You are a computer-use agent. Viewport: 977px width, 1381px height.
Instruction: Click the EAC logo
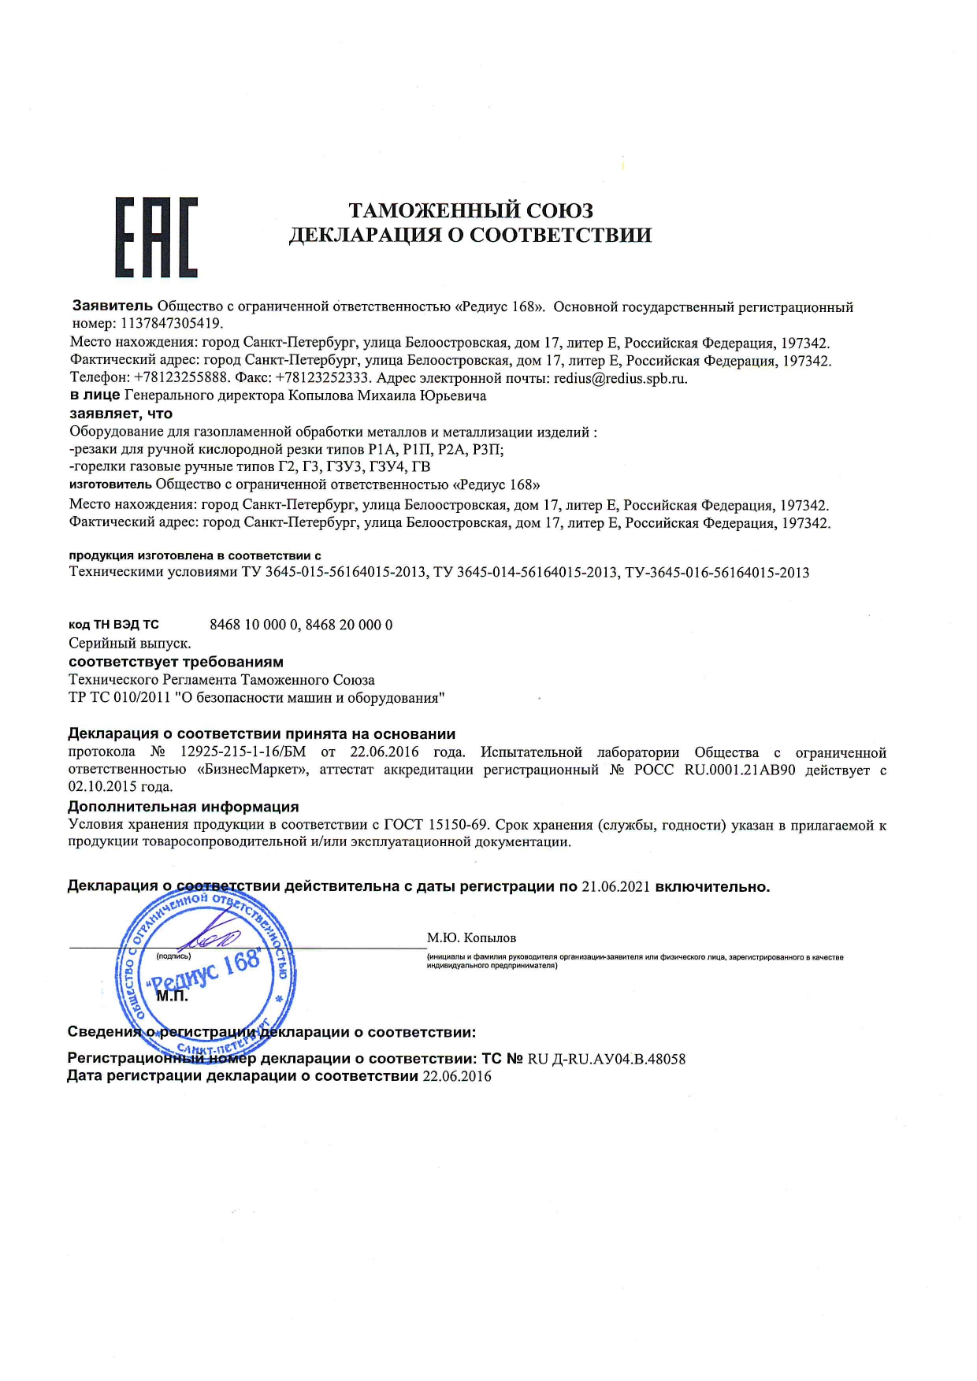(x=156, y=236)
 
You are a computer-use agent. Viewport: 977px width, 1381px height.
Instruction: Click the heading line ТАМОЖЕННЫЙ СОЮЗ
(x=470, y=210)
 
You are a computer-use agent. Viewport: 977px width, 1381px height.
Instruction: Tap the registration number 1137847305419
(x=172, y=324)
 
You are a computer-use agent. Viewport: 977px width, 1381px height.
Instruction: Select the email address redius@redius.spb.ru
(x=620, y=378)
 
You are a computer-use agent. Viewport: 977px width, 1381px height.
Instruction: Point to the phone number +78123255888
(x=182, y=378)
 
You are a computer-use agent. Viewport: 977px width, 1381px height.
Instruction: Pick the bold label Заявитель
(x=113, y=306)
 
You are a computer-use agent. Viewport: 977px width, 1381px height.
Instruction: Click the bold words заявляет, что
(x=121, y=414)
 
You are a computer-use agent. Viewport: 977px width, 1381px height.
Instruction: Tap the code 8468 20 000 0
(x=349, y=625)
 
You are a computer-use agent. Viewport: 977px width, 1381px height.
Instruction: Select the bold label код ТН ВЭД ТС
(x=113, y=625)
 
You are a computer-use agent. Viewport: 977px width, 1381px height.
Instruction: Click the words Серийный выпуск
(x=130, y=644)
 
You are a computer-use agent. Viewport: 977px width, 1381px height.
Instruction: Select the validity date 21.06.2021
(x=615, y=887)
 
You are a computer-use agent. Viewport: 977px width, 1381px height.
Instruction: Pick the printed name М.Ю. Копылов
(x=471, y=938)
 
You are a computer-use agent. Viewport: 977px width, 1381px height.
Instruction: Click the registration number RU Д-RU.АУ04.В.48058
(x=606, y=1060)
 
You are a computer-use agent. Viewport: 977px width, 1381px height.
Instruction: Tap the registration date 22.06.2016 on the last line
(x=457, y=1077)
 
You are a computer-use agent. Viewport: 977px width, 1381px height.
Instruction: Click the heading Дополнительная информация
(x=184, y=807)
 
